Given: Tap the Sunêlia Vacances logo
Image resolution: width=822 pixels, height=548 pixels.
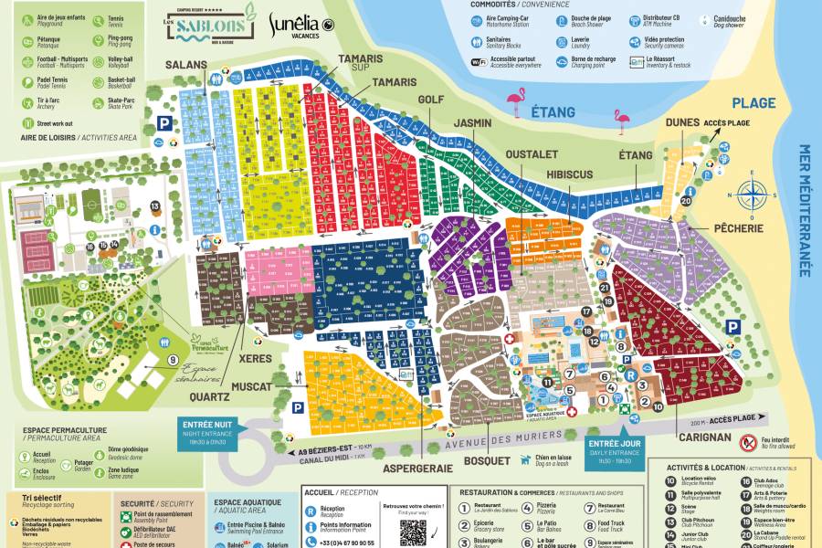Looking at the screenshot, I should coord(301,27).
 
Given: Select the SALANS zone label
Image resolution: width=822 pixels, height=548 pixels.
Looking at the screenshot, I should coord(185,66).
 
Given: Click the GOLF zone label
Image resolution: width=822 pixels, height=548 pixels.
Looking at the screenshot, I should coord(430,100).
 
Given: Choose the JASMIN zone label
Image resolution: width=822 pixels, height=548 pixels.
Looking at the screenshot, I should coord(472,122).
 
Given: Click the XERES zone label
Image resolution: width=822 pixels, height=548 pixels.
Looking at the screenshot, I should coord(257,360).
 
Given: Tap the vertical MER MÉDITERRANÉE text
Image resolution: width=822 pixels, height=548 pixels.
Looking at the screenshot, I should coord(805,210).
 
